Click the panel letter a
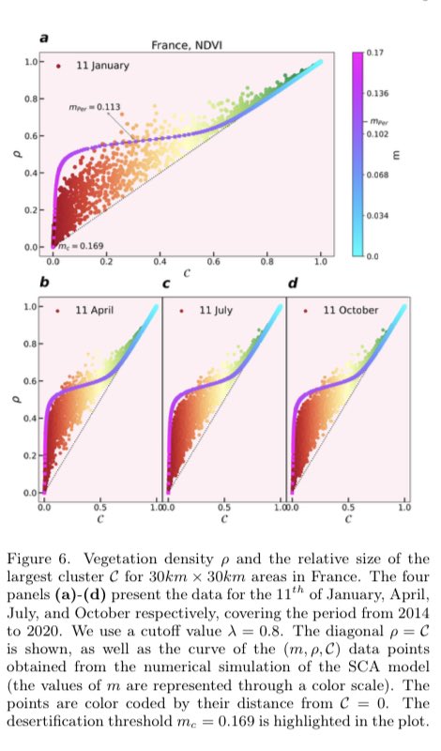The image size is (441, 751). pos(42,38)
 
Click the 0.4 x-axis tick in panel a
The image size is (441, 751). pos(160,253)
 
